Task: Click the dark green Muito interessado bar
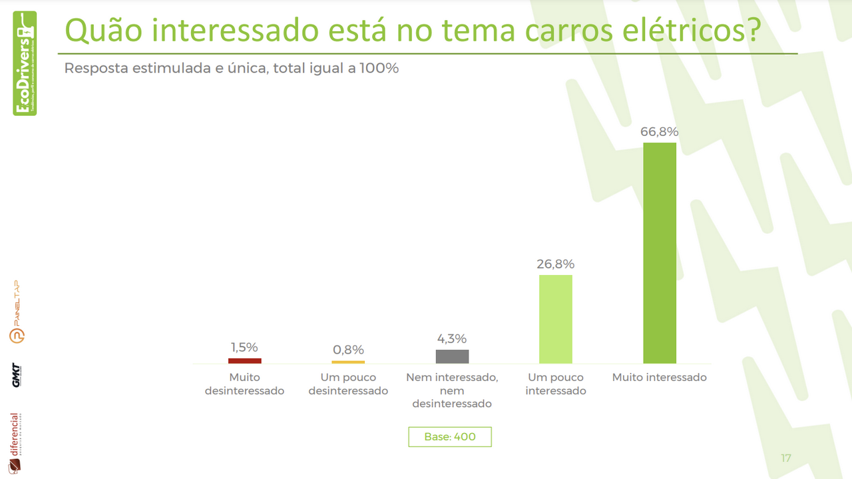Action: [x=659, y=252]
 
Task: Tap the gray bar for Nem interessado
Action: [x=452, y=356]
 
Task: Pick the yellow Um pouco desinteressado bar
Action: [x=348, y=362]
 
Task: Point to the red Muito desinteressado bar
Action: [x=244, y=360]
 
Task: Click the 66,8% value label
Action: [x=659, y=132]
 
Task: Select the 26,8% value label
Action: [x=555, y=264]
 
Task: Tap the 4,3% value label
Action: [x=452, y=339]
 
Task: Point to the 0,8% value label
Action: [x=348, y=350]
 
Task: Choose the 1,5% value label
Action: [x=244, y=347]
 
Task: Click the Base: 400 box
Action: [x=450, y=437]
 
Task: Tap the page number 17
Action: [x=785, y=458]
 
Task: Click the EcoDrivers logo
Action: [x=25, y=63]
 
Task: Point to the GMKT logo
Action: [x=16, y=375]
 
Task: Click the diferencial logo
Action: [x=15, y=443]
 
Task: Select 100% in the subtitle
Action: [x=379, y=68]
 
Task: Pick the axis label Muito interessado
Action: [x=659, y=378]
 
